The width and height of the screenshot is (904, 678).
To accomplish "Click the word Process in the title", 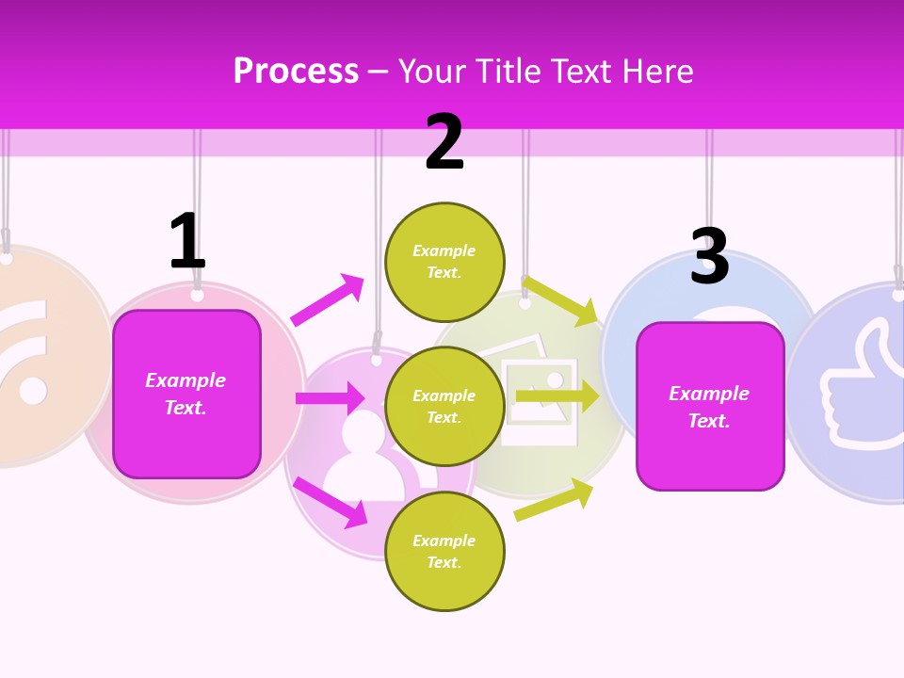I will pyautogui.click(x=296, y=72).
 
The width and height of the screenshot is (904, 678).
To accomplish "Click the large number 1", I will pyautogui.click(x=186, y=241).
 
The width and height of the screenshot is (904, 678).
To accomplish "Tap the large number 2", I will pyautogui.click(x=444, y=143).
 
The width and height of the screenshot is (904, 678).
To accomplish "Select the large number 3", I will pyautogui.click(x=709, y=257).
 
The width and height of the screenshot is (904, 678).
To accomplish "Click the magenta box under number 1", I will pyautogui.click(x=186, y=394).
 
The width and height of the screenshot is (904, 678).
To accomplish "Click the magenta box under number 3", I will pyautogui.click(x=710, y=407).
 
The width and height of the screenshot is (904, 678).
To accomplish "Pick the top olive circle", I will pyautogui.click(x=444, y=262).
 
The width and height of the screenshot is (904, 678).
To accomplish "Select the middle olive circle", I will pyautogui.click(x=444, y=406).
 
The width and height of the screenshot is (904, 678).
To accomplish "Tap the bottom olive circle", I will pyautogui.click(x=444, y=551).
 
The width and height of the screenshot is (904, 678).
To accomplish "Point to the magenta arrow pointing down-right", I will pyautogui.click(x=331, y=502).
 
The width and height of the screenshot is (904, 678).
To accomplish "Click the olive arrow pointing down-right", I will pyautogui.click(x=560, y=299).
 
